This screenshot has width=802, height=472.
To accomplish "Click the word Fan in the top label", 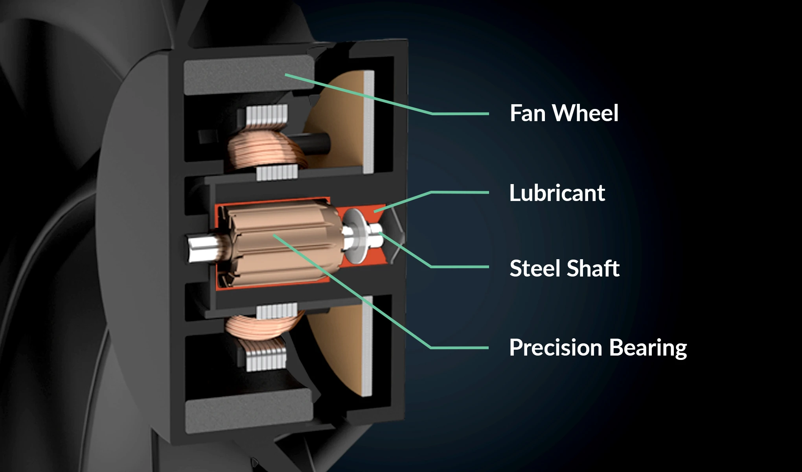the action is click(x=528, y=113).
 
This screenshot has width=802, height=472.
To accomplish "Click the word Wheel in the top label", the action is click(x=585, y=113).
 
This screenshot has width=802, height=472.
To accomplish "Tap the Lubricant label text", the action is click(x=557, y=193).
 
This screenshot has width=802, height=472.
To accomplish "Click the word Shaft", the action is click(x=593, y=268).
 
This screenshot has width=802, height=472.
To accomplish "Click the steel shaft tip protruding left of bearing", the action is click(x=201, y=248).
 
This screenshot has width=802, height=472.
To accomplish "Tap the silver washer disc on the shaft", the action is click(x=356, y=236).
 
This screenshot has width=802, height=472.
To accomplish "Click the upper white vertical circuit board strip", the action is click(x=369, y=122).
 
